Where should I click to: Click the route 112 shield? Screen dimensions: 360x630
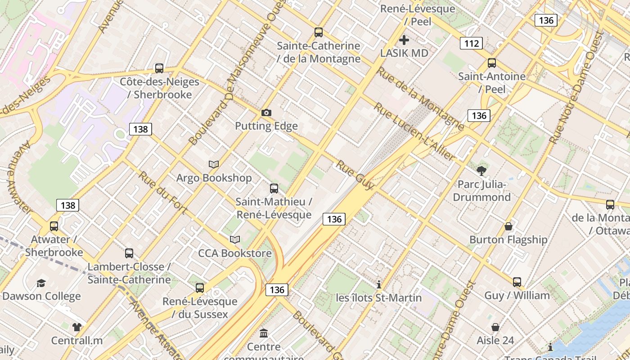471,43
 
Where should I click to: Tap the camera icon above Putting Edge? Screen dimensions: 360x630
266,112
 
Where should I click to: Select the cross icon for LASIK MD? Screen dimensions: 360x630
404,40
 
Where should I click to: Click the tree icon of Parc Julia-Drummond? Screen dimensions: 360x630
481,171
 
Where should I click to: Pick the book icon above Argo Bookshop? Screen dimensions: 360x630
214,165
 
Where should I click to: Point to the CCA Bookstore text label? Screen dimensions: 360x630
235,253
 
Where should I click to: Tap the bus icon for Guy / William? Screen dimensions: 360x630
517,282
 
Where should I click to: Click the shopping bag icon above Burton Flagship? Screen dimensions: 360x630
508,226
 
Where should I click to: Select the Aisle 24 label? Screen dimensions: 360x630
495,340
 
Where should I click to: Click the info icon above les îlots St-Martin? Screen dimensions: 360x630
379,284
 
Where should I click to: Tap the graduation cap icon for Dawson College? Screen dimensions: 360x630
41,283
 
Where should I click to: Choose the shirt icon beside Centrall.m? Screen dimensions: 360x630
77,327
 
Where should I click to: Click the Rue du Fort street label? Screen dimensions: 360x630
162,192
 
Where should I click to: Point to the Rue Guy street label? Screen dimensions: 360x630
355,175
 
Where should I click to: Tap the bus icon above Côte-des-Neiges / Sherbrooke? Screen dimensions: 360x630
159,68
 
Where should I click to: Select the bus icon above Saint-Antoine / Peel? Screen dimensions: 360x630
492,63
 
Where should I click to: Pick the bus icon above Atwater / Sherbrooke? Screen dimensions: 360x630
54,226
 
